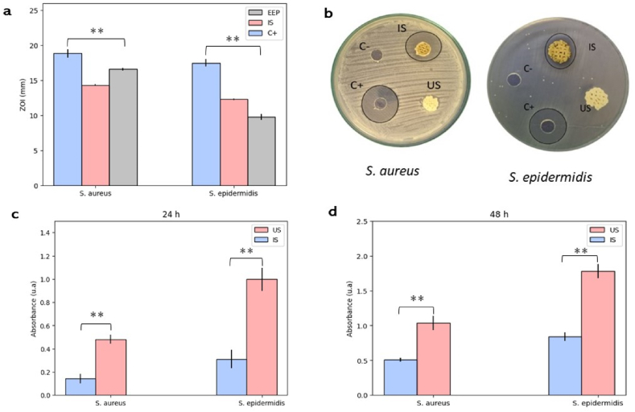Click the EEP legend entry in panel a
click(x=274, y=13)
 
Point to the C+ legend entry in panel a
click(x=274, y=33)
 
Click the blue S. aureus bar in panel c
click(x=80, y=386)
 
